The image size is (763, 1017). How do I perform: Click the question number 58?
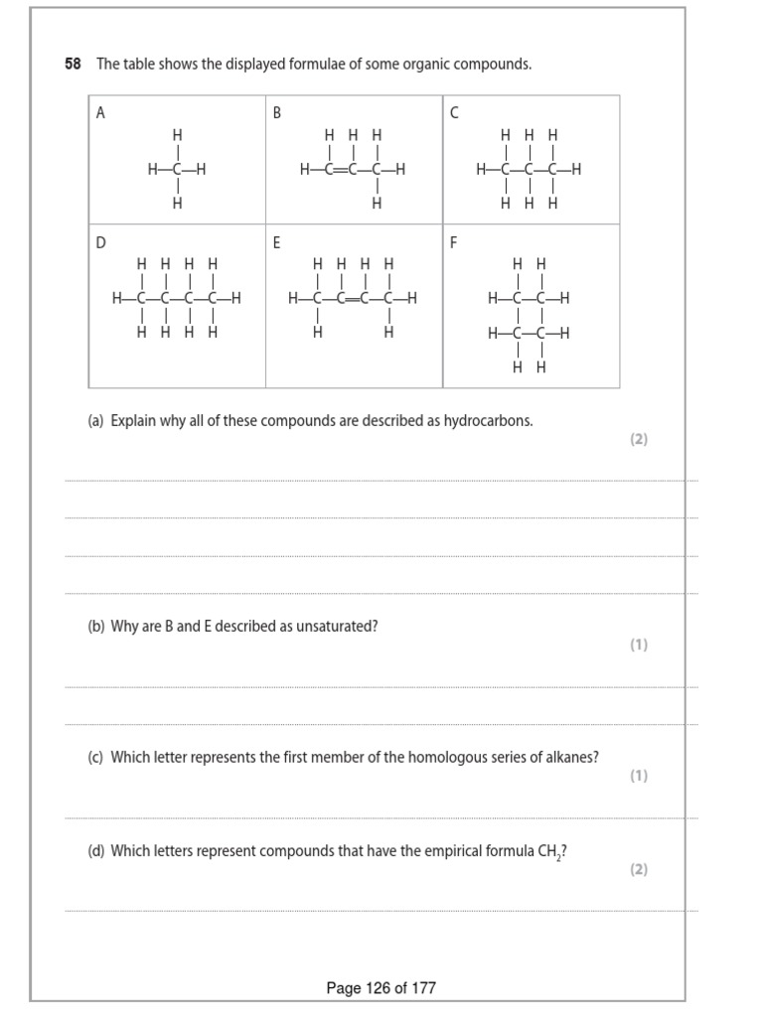pyautogui.click(x=73, y=65)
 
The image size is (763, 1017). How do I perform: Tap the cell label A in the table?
pyautogui.click(x=100, y=113)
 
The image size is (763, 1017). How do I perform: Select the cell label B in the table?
pyautogui.click(x=277, y=113)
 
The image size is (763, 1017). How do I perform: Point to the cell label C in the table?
pyautogui.click(x=454, y=113)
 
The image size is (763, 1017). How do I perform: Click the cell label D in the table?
pyautogui.click(x=100, y=242)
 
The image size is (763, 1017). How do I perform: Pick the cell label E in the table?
pyautogui.click(x=277, y=242)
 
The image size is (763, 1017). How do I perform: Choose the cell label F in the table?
pyautogui.click(x=454, y=242)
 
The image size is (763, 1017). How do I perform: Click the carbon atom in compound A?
pyautogui.click(x=177, y=170)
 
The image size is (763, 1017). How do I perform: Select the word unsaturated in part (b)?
pyautogui.click(x=336, y=628)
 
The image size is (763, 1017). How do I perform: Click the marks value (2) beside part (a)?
pyautogui.click(x=638, y=439)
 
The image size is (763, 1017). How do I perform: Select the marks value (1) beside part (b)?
pyautogui.click(x=638, y=645)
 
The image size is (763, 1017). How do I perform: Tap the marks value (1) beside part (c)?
pyautogui.click(x=638, y=776)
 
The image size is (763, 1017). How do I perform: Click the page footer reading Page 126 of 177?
pyautogui.click(x=381, y=988)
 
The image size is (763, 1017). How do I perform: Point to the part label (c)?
pyautogui.click(x=95, y=758)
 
